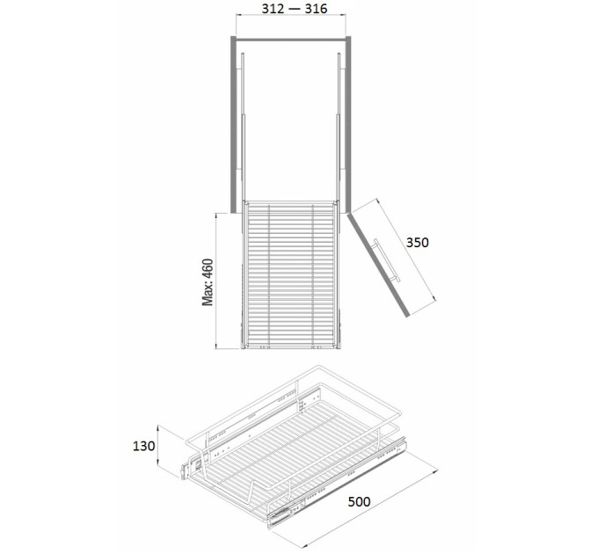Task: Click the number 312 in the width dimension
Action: (x=273, y=9)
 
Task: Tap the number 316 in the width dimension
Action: (x=317, y=9)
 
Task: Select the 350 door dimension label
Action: (x=417, y=243)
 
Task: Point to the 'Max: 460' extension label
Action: (x=208, y=282)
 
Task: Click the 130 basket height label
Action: (x=143, y=446)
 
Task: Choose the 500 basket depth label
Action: (x=359, y=502)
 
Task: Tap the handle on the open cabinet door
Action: (x=387, y=260)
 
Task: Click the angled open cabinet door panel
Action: (x=378, y=265)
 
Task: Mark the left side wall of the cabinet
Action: (x=233, y=125)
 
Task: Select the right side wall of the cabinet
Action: (x=348, y=125)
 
